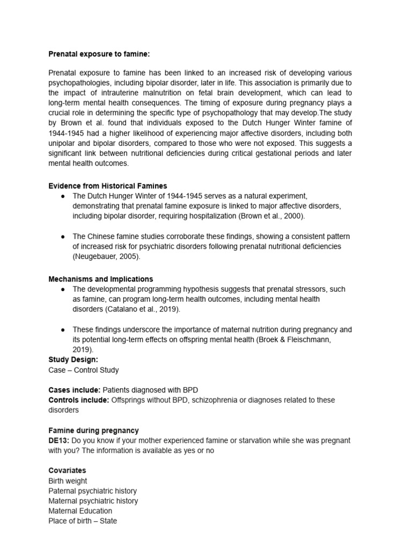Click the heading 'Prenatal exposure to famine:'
coord(95,54)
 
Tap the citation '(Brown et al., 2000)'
coord(270,216)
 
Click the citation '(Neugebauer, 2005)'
coord(105,256)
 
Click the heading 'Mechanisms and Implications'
coord(100,279)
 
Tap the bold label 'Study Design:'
coord(73,360)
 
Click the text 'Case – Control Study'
coord(84,370)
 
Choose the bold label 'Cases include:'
coord(74,390)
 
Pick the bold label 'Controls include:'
coord(78,400)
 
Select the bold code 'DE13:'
coord(59,440)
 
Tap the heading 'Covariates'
coord(67,470)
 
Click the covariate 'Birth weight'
coord(68,481)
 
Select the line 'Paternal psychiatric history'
coord(92,491)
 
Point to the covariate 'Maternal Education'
coord(80,511)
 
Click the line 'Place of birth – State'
coord(83,521)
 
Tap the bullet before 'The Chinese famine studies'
coord(63,236)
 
